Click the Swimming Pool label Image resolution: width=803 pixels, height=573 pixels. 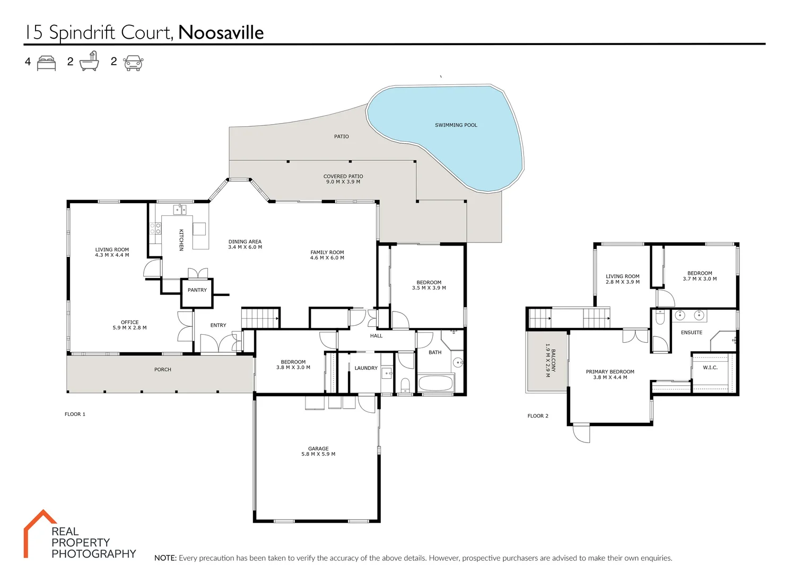coord(456,125)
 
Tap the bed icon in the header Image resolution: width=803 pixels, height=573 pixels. coord(47,63)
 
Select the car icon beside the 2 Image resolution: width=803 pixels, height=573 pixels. coord(133,63)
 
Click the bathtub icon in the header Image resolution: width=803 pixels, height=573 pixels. coord(90,62)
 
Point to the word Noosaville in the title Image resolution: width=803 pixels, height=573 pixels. coord(221,33)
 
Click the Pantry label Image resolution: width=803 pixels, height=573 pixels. coord(197,290)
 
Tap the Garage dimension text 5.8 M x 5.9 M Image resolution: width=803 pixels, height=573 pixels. coord(318,454)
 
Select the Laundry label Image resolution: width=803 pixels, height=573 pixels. coord(366,368)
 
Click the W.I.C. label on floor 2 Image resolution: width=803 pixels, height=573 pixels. coord(710,368)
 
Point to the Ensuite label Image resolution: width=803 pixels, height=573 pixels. coord(692,333)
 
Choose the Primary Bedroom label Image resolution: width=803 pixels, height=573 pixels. coord(610,372)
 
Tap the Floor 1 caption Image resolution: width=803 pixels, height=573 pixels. coord(75,414)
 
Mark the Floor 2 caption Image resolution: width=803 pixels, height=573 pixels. coord(538,416)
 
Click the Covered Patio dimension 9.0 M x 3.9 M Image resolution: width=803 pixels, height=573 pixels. coord(343,182)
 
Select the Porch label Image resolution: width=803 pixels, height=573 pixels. coord(163,370)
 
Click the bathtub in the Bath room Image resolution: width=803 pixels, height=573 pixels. coord(436,383)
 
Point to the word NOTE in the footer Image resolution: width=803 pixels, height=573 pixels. coord(165,558)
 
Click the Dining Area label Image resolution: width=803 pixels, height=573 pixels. coord(245,242)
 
